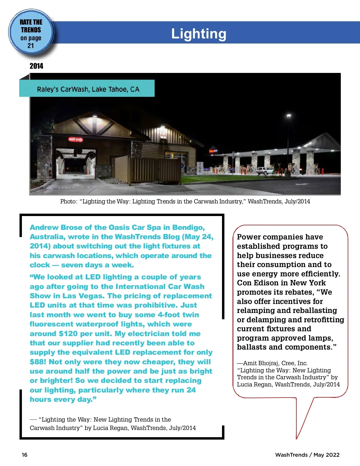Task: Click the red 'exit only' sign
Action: point(76,139)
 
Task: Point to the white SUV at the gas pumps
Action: point(265,170)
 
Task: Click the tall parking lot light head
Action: point(289,116)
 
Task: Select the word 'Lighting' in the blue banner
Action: point(199,34)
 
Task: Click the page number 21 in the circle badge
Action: point(31,46)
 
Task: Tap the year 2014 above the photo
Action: point(36,66)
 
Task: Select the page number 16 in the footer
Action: point(25,455)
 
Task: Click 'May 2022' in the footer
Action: point(326,455)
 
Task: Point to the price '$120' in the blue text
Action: point(69,334)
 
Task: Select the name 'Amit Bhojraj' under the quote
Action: point(261,363)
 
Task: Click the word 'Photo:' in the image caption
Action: point(69,201)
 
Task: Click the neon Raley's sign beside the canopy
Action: point(213,151)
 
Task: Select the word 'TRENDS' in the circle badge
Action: point(31,30)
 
